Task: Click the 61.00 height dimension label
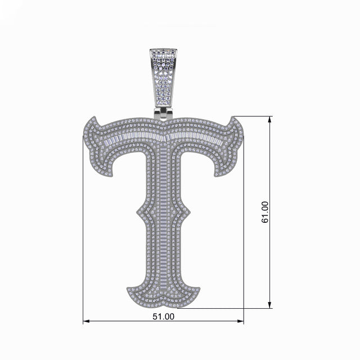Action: [265, 212]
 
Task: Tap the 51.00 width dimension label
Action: [164, 317]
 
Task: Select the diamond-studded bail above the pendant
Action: [164, 78]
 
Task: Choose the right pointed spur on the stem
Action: [190, 213]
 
